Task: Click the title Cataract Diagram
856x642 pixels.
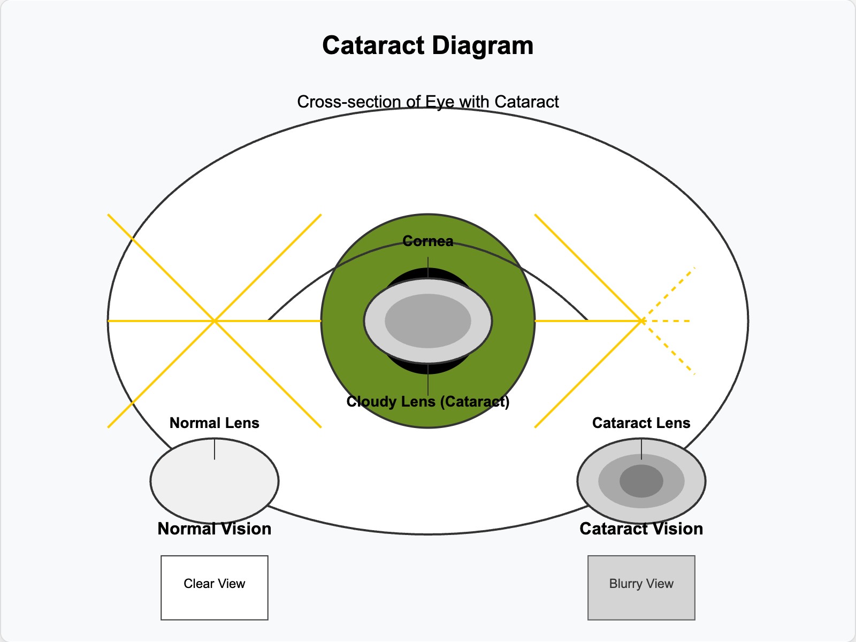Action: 427,45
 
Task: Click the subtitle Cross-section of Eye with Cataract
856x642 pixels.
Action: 427,102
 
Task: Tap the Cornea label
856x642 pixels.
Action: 427,241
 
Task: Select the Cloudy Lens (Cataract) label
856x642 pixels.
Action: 427,402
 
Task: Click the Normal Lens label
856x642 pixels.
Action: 214,423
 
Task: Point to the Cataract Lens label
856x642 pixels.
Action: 641,423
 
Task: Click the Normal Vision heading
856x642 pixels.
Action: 214,529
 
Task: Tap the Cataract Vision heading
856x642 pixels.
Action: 641,529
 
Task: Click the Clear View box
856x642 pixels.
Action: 214,587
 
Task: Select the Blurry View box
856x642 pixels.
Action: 641,587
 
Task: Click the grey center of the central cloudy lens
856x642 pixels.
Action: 427,321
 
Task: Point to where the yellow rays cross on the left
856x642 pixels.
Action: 215,320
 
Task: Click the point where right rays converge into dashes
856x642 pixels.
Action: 641,320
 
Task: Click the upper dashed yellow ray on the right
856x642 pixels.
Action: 669,293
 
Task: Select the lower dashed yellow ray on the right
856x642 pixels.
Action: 669,348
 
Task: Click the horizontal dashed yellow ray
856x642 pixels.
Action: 669,321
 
